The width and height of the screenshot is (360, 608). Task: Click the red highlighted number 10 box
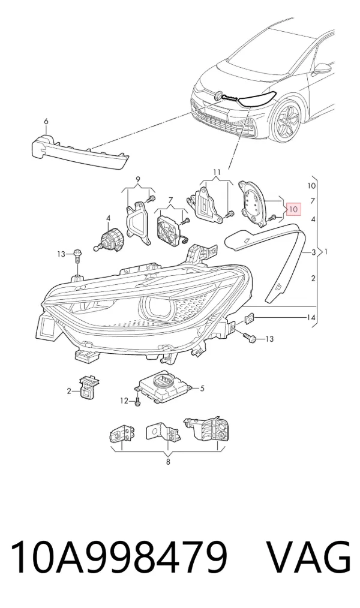tap(293, 209)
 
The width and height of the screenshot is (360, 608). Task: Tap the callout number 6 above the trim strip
tap(46, 122)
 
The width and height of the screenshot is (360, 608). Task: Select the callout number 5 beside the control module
tap(202, 388)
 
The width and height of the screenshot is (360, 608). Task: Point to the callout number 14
tap(311, 318)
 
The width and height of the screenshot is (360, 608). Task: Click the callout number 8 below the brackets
tap(168, 462)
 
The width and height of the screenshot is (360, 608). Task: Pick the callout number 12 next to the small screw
tap(124, 401)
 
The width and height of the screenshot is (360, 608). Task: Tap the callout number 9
tap(139, 179)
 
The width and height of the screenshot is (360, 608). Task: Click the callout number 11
tap(217, 171)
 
